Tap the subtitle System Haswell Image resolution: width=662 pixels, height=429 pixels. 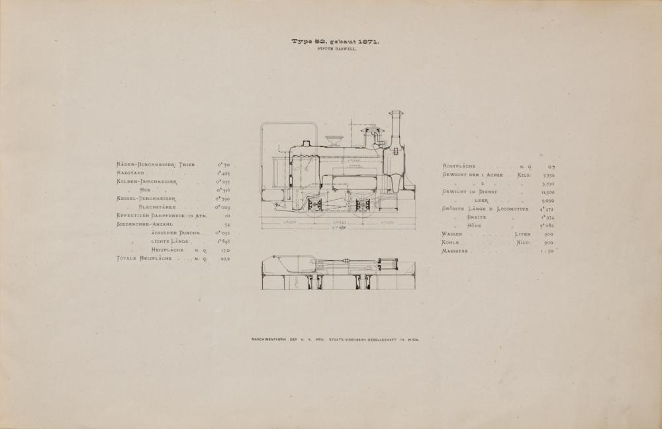pos(337,50)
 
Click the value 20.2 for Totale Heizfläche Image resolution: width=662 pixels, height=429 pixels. pos(225,259)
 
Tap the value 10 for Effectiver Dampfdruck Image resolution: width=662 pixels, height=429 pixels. pos(226,216)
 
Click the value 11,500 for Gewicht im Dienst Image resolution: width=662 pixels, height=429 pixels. pos(547,191)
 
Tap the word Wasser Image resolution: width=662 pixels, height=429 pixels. pos(452,234)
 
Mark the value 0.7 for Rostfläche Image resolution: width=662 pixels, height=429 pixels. pos(551,166)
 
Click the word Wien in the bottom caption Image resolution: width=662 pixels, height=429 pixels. pos(414,340)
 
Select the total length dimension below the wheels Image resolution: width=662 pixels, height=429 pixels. pos(338,228)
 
